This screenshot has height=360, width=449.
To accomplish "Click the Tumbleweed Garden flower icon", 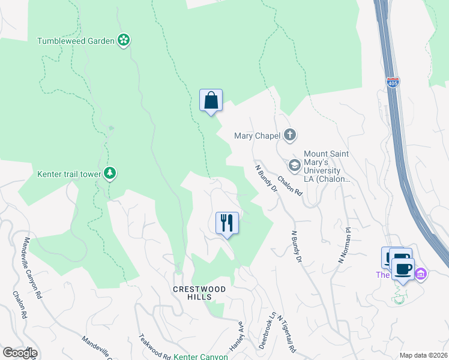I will [124, 40].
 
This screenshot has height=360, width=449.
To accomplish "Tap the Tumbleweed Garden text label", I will [76, 41].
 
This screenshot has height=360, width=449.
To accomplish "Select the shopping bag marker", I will [211, 100].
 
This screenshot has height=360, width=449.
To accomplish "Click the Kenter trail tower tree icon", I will [109, 174].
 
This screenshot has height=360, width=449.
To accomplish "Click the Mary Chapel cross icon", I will [290, 134].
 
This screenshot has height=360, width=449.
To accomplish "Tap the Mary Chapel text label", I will [258, 135].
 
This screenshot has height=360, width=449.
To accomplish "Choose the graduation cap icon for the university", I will [295, 164].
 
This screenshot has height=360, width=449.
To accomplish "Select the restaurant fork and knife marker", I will [227, 223].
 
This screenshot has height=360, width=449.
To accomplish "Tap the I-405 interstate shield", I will [392, 82].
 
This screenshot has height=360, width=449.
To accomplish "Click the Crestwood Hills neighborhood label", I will [199, 293].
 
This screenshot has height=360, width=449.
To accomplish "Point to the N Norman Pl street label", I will [344, 245].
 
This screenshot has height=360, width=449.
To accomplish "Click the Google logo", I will [19, 353].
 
